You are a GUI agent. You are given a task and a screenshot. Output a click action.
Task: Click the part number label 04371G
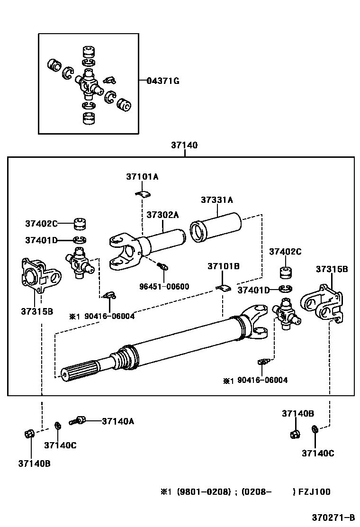click(163, 81)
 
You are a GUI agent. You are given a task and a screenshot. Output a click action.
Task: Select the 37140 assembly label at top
click(184, 145)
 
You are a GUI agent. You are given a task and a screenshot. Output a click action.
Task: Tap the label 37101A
click(142, 176)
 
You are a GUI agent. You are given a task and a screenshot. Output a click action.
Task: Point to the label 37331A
click(217, 200)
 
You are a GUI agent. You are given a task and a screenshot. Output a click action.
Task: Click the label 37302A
click(162, 215)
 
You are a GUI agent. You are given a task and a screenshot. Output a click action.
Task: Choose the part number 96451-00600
click(164, 287)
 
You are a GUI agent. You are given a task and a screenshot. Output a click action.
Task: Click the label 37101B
click(223, 266)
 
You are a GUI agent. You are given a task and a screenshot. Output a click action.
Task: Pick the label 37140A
click(118, 421)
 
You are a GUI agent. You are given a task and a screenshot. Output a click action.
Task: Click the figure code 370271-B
click(333, 517)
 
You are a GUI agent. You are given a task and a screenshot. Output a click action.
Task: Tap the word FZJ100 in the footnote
click(315, 492)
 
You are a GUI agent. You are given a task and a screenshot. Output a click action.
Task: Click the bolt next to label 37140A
click(78, 420)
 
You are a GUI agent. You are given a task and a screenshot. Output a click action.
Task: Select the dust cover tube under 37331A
click(216, 227)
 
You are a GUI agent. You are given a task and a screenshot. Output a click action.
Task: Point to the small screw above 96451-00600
click(163, 266)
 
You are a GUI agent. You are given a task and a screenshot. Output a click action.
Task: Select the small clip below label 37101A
click(143, 193)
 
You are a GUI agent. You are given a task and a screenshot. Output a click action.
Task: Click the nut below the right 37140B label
click(295, 434)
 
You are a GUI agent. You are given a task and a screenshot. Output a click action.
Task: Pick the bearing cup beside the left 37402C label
click(80, 224)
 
